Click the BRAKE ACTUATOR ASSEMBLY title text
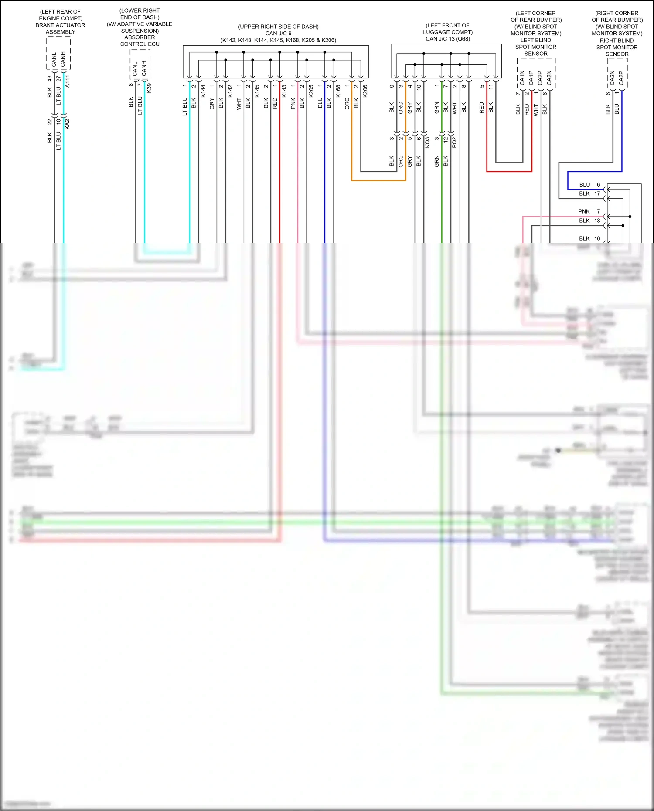coord(60,28)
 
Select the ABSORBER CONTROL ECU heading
coord(140,41)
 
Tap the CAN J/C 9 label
coord(278,33)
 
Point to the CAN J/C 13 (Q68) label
coord(448,39)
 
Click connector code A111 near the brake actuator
coord(68,81)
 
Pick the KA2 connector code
coord(68,124)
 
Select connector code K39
coord(149,88)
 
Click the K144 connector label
coord(203,91)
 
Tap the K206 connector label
coord(365,91)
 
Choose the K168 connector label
coord(338,91)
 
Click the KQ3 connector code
coord(428,142)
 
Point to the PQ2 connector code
coord(455,142)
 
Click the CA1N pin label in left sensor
coord(522,78)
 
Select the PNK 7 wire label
coord(589,211)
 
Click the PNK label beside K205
coord(293,103)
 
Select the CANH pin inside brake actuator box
coord(63,59)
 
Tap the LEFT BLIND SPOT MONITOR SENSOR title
coord(536,47)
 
